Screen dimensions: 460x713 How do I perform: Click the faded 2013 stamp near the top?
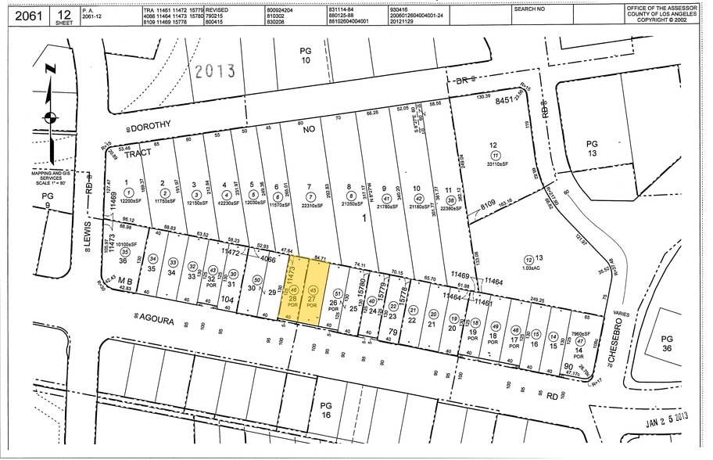pos(215,71)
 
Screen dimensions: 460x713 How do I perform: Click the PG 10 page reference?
pos(306,55)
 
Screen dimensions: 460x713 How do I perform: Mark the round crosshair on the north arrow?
pos(51,118)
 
